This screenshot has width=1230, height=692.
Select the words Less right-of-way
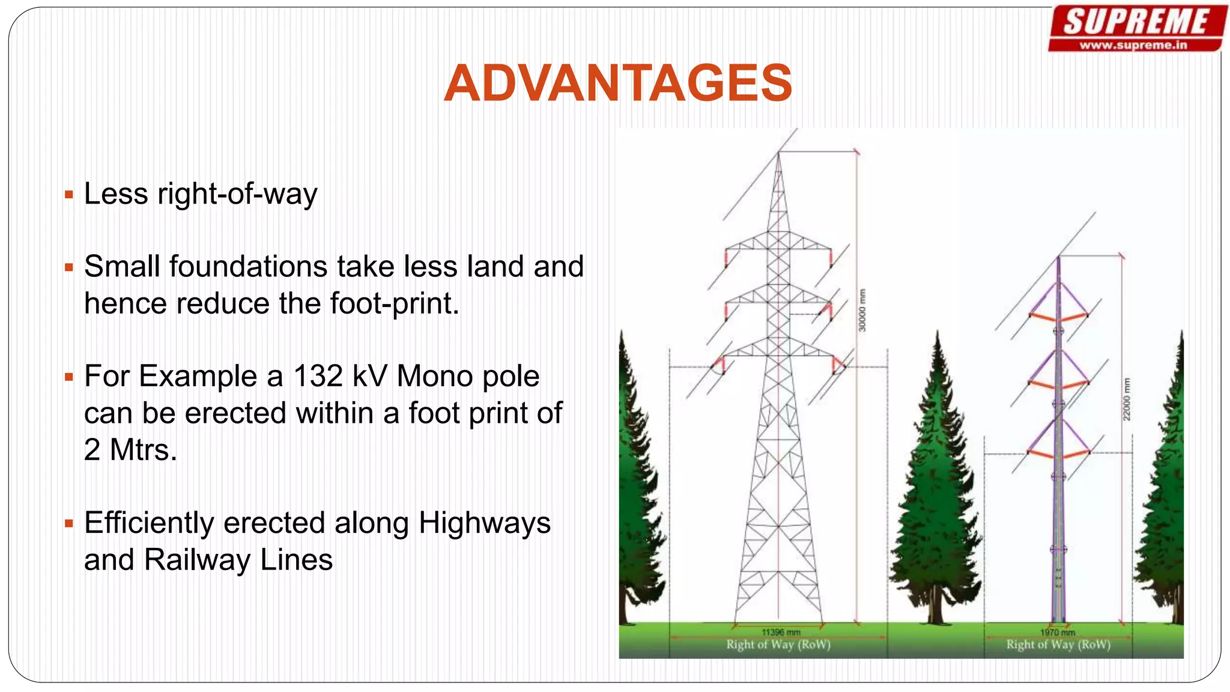coord(200,194)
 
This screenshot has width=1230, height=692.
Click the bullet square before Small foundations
coord(69,267)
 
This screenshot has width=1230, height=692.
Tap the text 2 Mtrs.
coord(130,450)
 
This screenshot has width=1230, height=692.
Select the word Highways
coord(484,523)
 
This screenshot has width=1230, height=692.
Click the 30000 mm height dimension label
coord(862,310)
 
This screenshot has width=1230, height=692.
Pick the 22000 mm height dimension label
coord(1127,399)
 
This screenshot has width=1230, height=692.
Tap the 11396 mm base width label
coord(781,632)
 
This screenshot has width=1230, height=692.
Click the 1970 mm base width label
coord(1058,632)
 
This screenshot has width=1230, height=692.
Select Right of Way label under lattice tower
coord(778,645)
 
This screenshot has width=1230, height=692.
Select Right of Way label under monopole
coord(1058,645)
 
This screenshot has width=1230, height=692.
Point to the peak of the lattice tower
coord(778,154)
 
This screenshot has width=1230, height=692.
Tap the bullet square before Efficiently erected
coord(69,523)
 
